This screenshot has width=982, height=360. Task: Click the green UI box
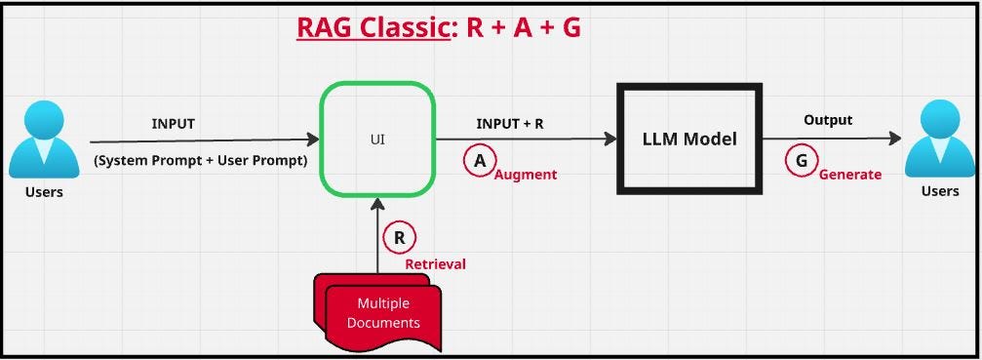[377, 139]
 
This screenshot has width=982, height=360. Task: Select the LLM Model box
[688, 139]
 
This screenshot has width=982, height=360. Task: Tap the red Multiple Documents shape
[380, 312]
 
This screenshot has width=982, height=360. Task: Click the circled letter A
[479, 161]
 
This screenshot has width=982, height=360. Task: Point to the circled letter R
[400, 237]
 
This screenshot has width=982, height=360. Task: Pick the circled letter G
[802, 161]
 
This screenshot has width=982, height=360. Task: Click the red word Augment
[526, 175]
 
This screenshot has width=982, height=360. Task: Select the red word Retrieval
[436, 263]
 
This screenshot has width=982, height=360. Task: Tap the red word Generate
[850, 175]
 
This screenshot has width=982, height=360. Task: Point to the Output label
[828, 120]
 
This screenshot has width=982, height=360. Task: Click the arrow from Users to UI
[205, 140]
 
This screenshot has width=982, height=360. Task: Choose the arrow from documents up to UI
[377, 234]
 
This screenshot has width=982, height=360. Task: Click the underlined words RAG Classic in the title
[374, 27]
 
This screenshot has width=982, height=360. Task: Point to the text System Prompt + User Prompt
[201, 160]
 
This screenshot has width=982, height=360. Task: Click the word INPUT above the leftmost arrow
[173, 124]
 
